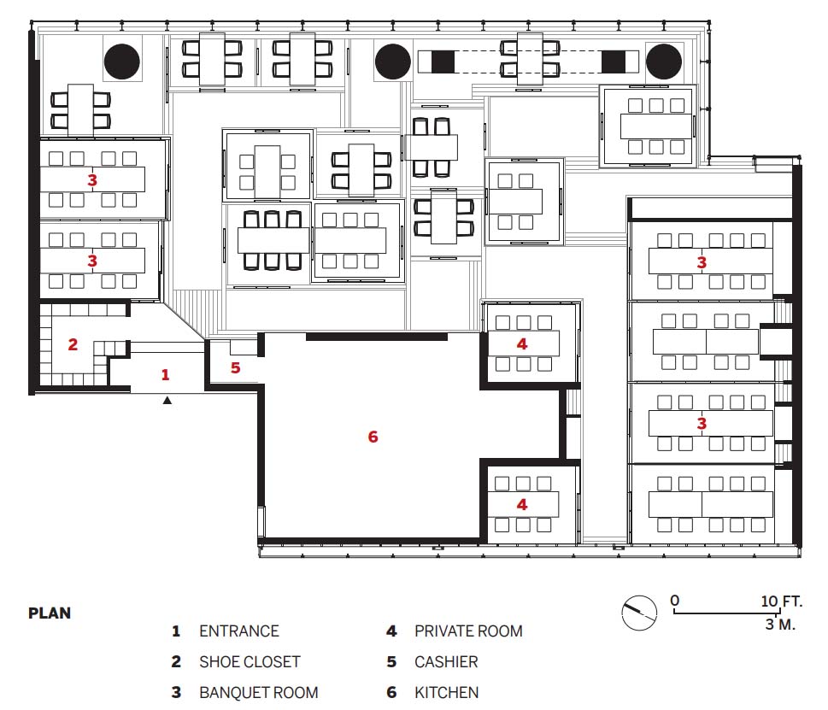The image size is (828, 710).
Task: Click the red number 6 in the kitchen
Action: pyautogui.click(x=373, y=437)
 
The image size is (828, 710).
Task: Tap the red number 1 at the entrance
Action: pyautogui.click(x=166, y=374)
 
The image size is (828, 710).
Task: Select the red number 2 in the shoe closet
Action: pyautogui.click(x=73, y=345)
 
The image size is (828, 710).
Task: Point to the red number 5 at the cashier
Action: pyautogui.click(x=236, y=368)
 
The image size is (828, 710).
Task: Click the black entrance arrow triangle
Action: pyautogui.click(x=167, y=400)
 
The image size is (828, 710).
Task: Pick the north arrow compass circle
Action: pyautogui.click(x=638, y=613)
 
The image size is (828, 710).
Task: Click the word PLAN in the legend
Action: pyautogui.click(x=50, y=613)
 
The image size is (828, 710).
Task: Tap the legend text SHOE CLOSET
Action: pyautogui.click(x=250, y=661)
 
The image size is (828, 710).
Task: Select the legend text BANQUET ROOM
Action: pyautogui.click(x=258, y=692)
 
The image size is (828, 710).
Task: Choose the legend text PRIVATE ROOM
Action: pyautogui.click(x=468, y=631)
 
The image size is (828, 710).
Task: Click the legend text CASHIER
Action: pyautogui.click(x=446, y=661)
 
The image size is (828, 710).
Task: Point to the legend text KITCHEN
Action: pyautogui.click(x=446, y=692)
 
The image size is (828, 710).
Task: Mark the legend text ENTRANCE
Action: pyautogui.click(x=238, y=631)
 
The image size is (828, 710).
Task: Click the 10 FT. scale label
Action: pyautogui.click(x=781, y=601)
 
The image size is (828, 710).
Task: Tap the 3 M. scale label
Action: pyautogui.click(x=781, y=625)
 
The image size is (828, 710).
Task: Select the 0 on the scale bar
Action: pyautogui.click(x=675, y=601)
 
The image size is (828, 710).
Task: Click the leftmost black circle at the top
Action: pyautogui.click(x=121, y=61)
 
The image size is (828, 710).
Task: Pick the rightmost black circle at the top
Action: pyautogui.click(x=664, y=61)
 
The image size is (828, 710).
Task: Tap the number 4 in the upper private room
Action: pyautogui.click(x=522, y=343)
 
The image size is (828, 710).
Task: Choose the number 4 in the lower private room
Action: pyautogui.click(x=522, y=504)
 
